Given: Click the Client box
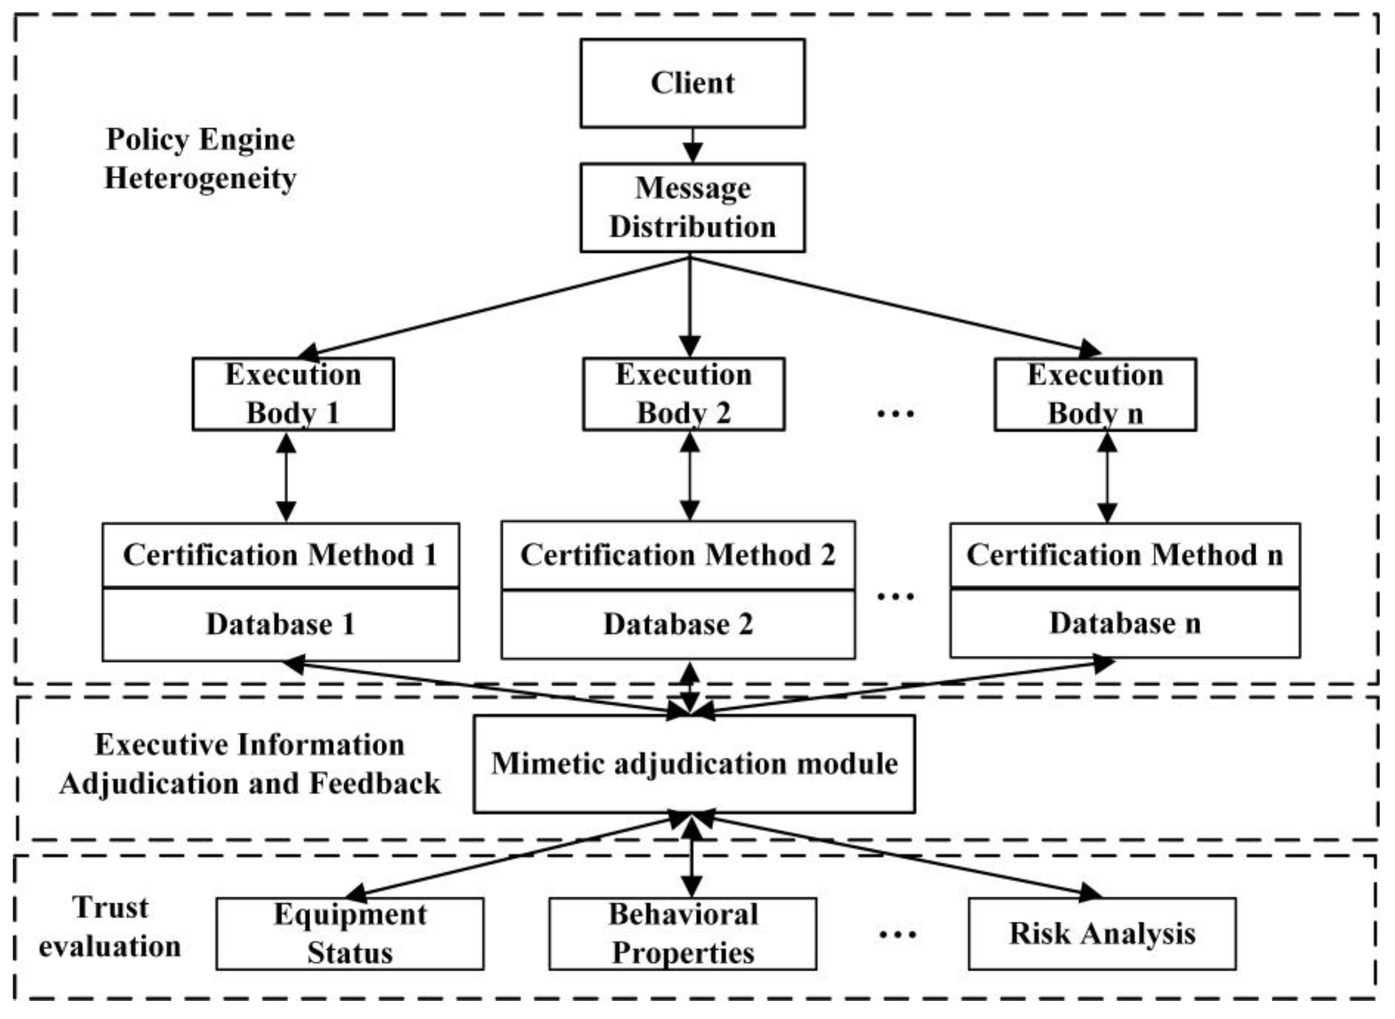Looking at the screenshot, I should click(x=692, y=83).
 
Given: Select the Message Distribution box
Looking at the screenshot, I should click(x=692, y=207).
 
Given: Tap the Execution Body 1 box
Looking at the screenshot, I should click(x=293, y=394).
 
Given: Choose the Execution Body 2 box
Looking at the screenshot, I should click(x=683, y=394).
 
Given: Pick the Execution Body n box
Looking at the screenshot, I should click(x=1095, y=394).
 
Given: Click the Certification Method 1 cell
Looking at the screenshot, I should click(x=281, y=555).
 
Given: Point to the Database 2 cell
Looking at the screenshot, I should click(x=678, y=625).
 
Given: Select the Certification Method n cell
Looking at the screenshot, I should click(x=1125, y=555).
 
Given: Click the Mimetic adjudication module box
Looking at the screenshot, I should click(x=694, y=763).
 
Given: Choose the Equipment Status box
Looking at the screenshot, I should click(x=350, y=934).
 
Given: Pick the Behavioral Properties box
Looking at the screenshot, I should click(x=683, y=934).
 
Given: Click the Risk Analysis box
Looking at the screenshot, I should click(x=1102, y=934).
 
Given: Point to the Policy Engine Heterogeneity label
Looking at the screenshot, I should click(x=201, y=159).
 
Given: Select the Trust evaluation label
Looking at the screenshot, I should click(x=110, y=927).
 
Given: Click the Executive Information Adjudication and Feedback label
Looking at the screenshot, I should click(x=250, y=764).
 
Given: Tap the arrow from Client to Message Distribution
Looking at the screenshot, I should click(x=692, y=146).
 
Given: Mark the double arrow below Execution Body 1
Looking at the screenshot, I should click(x=286, y=477).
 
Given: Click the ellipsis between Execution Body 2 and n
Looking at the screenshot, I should click(x=895, y=413).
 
